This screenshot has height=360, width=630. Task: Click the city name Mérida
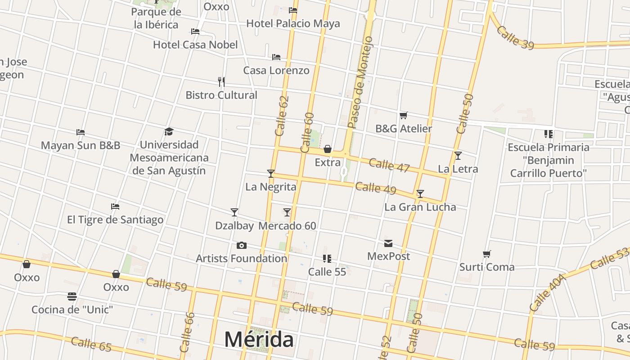click(259, 339)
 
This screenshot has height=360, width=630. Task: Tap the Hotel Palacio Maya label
click(293, 23)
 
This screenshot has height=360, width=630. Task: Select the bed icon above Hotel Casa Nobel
click(195, 31)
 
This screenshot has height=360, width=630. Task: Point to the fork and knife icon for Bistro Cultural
click(221, 82)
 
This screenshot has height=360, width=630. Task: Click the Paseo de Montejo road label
click(360, 83)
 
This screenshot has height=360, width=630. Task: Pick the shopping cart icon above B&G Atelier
click(403, 116)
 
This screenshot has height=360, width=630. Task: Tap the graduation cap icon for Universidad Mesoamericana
click(169, 131)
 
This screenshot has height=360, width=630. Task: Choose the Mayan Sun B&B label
click(81, 145)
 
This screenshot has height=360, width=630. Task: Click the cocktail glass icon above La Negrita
click(270, 173)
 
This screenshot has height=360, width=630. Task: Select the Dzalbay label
click(234, 225)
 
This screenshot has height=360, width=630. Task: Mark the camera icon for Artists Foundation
click(242, 245)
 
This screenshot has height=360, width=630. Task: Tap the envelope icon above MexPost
click(388, 243)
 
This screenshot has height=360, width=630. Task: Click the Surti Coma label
click(486, 267)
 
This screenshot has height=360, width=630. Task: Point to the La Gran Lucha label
click(420, 207)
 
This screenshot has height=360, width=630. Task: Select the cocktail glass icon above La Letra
click(458, 156)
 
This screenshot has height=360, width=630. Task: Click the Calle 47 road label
click(389, 165)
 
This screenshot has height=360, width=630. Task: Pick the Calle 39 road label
click(515, 37)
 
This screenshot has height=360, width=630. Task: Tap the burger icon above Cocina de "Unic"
click(72, 297)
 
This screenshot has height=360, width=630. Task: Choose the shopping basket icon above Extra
click(328, 149)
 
